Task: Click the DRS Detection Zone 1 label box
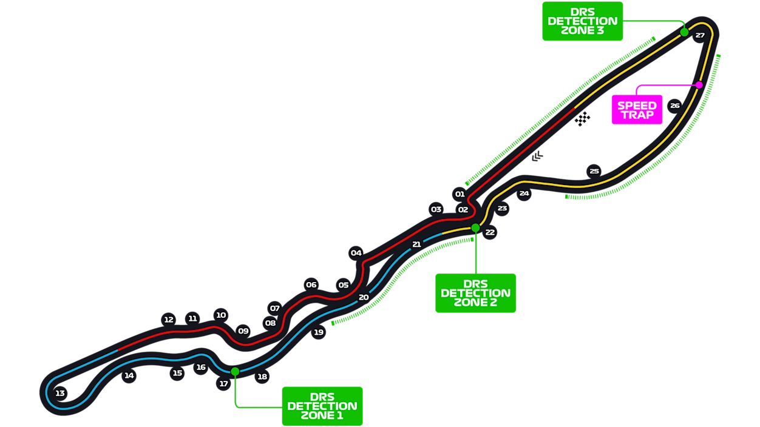322,405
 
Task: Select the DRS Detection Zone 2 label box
475,293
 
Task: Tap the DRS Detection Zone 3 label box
582,21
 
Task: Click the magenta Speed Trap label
637,110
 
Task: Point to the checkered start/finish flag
582,119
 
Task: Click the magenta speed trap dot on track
699,85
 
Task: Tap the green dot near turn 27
684,32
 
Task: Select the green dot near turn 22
475,228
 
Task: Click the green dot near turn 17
235,371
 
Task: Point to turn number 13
60,394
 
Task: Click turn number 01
460,194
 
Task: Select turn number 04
356,253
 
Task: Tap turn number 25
594,171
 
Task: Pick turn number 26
675,106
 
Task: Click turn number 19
319,332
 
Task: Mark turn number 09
243,331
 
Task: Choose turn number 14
129,375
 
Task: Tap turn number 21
416,244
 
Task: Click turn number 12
169,320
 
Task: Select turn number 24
524,193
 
